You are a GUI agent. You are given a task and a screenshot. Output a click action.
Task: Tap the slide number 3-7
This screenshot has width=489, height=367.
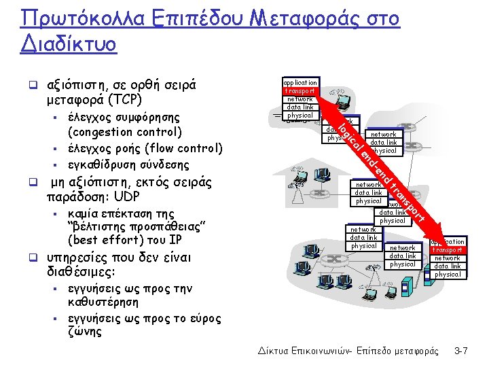(x=461, y=351)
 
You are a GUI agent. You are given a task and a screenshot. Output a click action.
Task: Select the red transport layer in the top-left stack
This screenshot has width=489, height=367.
(x=300, y=90)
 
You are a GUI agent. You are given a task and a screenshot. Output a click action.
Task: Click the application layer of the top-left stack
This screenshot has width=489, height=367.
(x=300, y=82)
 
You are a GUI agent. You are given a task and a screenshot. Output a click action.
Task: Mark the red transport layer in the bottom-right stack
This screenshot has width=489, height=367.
(x=448, y=250)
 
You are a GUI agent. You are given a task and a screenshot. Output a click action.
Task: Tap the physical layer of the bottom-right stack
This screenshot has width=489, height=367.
(x=448, y=275)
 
